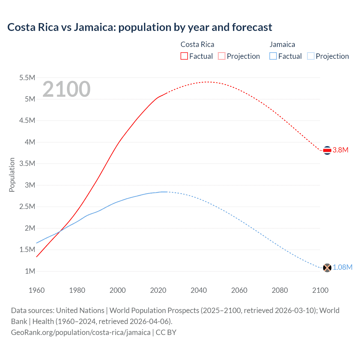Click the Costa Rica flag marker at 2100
coord(327,150)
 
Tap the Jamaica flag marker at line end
coord(327,267)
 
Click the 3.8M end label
coord(340,150)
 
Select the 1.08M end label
coord(342,267)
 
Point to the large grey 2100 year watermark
coord(66,89)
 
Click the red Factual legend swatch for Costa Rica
coord(184,56)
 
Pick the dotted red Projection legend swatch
coord(222,56)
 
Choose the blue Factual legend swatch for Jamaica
coord(273,56)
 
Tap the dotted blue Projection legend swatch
coord(310,56)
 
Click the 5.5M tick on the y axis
coord(27,78)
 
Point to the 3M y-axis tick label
coord(30,185)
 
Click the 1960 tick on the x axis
coord(37,290)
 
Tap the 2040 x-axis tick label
coord(199,290)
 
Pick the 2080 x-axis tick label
coord(280,290)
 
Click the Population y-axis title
coord(12,175)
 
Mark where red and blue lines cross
coord(60,231)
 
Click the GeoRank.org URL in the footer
coord(81,332)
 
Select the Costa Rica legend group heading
coord(197,44)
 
